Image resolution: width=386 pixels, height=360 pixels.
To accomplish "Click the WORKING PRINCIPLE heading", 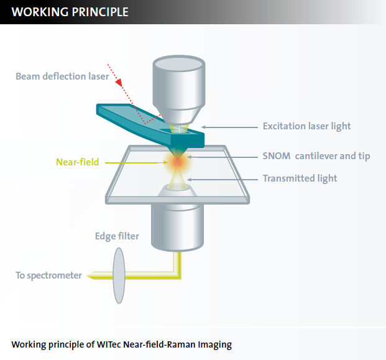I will [x=70, y=12].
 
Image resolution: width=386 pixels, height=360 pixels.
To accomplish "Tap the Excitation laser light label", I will [x=306, y=126].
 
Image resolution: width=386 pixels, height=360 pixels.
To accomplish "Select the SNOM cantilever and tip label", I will [x=316, y=155].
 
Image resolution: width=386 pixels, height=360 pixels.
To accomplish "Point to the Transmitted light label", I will [x=300, y=178].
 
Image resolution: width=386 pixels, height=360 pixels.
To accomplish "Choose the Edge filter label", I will [x=117, y=236].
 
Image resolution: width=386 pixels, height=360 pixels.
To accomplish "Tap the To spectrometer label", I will [x=48, y=275].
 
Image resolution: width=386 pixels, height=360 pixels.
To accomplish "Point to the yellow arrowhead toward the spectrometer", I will [x=90, y=274].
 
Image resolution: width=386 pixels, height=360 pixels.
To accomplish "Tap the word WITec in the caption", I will [x=109, y=344].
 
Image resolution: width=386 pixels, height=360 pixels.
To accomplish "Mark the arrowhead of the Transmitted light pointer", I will [x=189, y=179].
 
